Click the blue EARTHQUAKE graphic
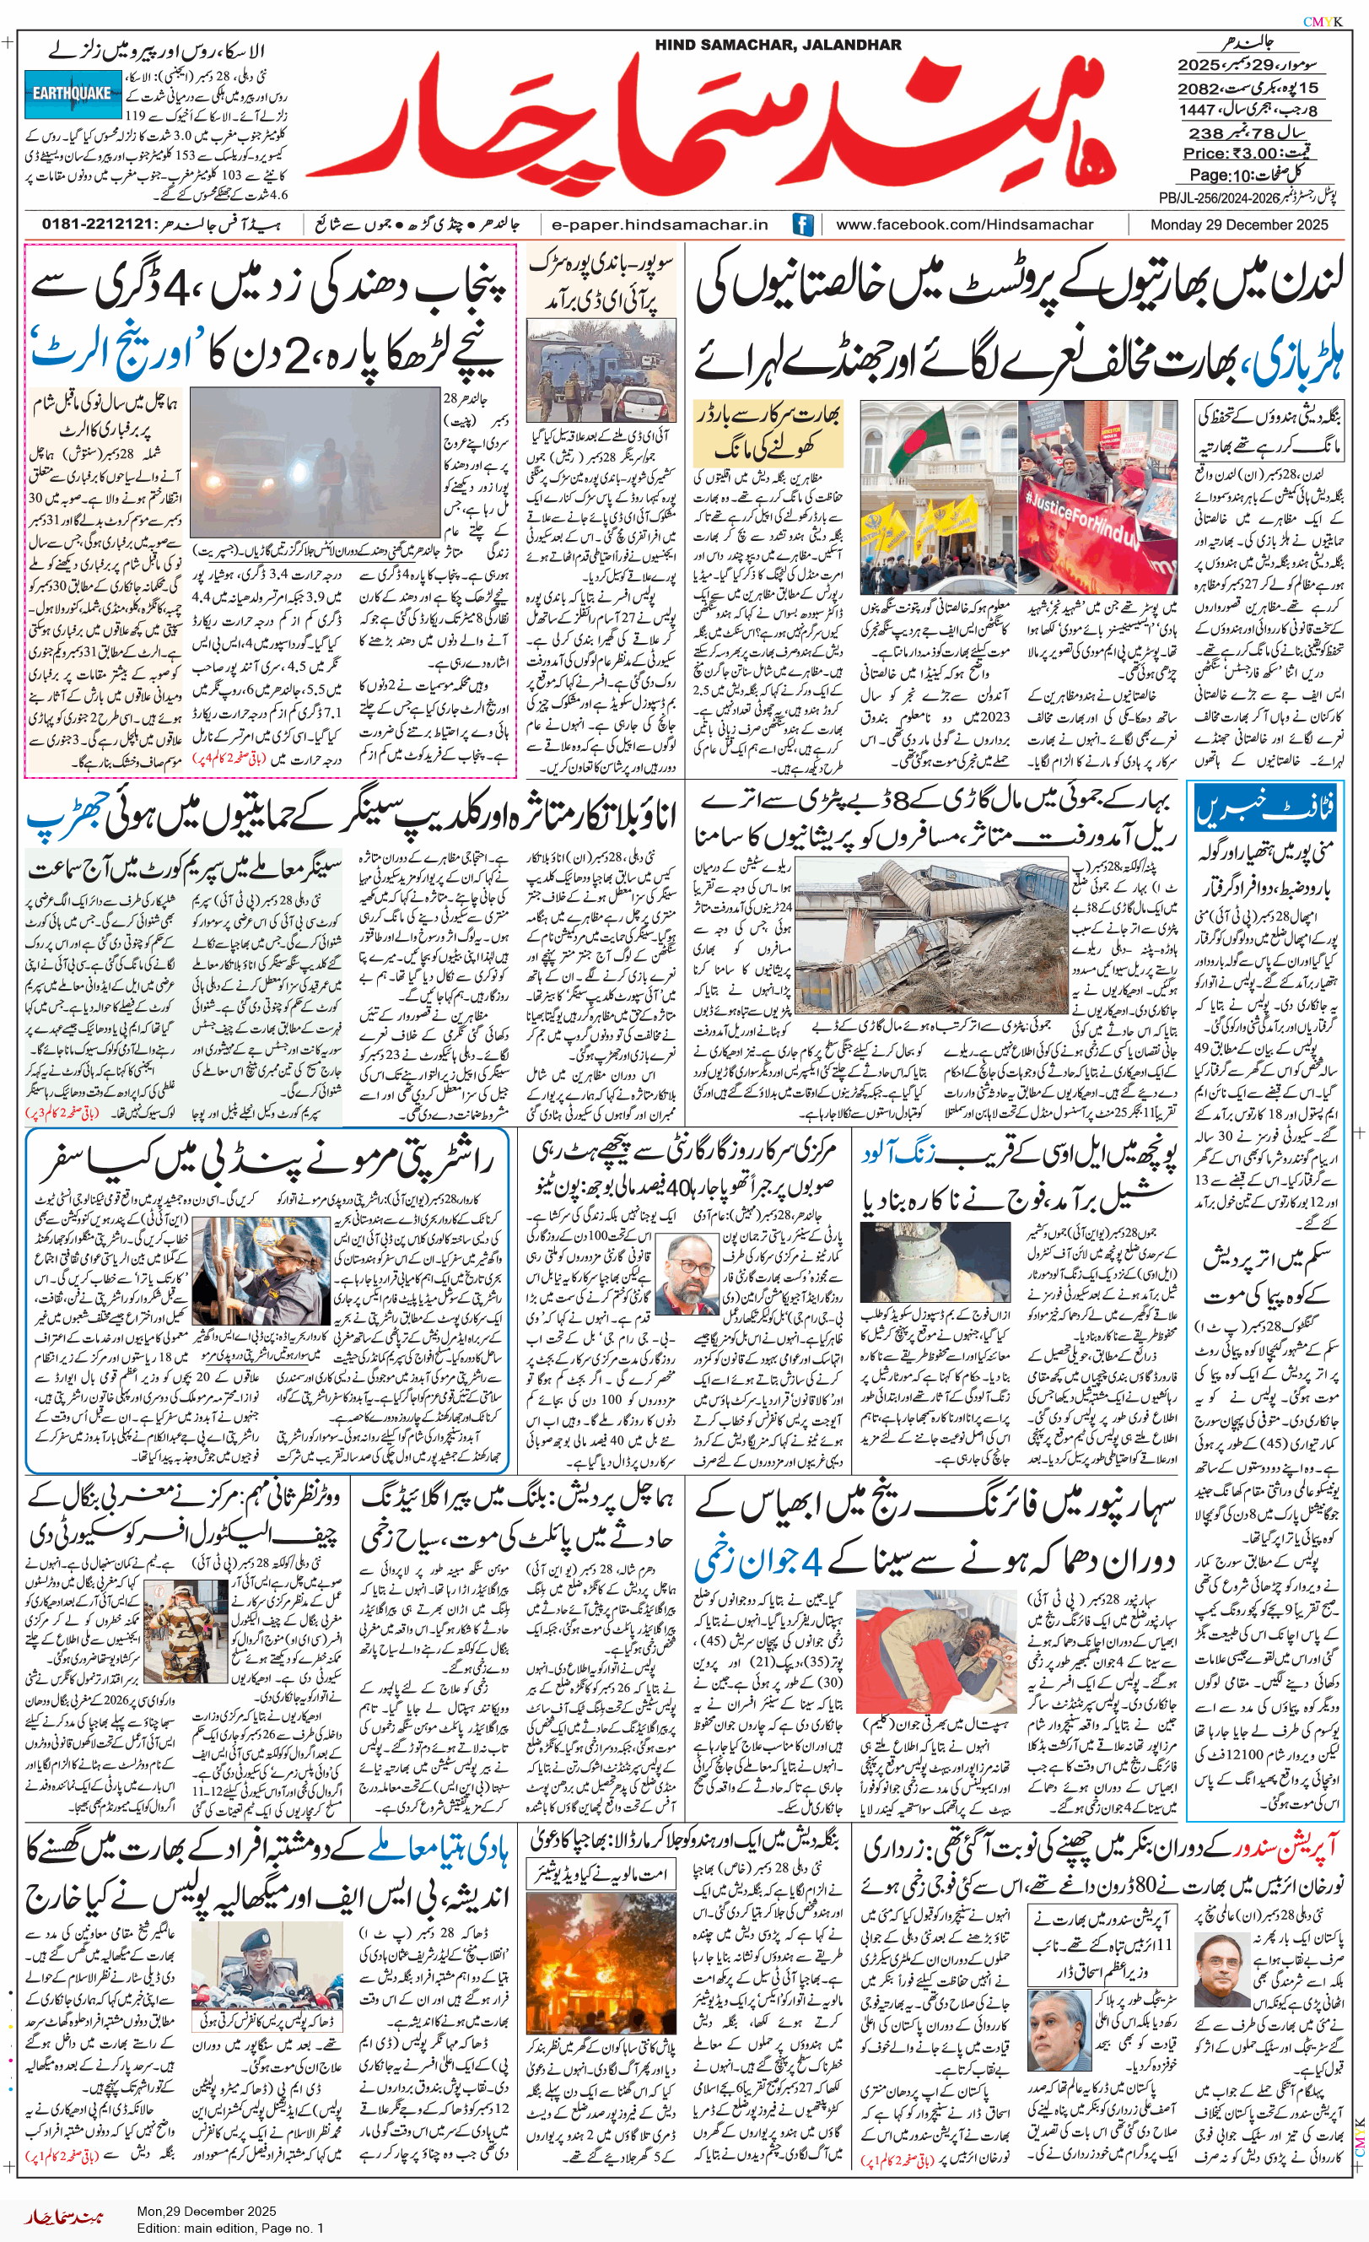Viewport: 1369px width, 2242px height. click(73, 93)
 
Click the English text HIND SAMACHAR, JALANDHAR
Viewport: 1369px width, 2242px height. click(777, 45)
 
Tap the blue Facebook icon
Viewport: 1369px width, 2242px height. click(802, 224)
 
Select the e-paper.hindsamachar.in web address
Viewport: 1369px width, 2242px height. click(660, 224)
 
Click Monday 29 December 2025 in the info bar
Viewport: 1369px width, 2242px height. click(1238, 224)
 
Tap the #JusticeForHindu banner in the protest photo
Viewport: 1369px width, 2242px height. click(1096, 523)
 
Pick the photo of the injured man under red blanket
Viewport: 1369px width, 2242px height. click(936, 1664)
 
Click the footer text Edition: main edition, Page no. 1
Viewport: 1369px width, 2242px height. click(230, 2228)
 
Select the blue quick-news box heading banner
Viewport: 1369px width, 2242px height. click(1264, 809)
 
